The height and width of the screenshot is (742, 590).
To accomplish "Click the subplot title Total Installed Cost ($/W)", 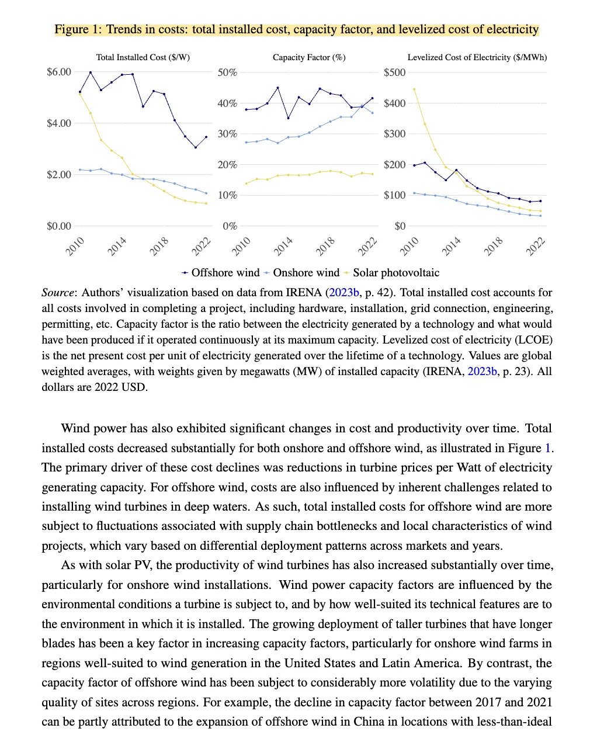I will [143, 57].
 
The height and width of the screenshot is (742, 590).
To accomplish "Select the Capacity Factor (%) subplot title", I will [309, 57].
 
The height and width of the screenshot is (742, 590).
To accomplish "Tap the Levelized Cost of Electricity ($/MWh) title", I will [477, 57].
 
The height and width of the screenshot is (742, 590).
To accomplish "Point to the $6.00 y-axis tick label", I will [59, 72].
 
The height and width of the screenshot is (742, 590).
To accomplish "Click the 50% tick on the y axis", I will [227, 72].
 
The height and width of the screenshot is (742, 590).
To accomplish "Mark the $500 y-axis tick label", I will [394, 72].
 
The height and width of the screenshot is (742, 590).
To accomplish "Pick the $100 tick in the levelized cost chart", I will [394, 195].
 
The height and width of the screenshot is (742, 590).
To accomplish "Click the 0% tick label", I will [230, 226].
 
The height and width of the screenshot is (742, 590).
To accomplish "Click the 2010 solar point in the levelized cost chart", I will [414, 89].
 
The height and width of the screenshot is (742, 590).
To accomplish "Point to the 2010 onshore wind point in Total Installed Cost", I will [80, 169].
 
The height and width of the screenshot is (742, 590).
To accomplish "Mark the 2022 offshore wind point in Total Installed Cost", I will [206, 137].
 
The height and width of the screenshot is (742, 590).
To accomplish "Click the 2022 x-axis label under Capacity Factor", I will [367, 247].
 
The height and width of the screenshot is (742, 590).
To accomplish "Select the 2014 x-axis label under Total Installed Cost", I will [117, 247].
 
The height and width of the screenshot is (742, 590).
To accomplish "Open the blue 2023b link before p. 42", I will [343, 293].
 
